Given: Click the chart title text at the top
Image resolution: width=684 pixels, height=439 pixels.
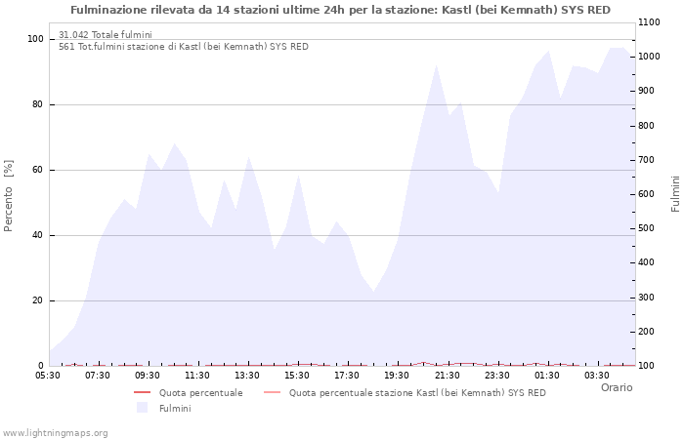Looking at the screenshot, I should [x=341, y=10].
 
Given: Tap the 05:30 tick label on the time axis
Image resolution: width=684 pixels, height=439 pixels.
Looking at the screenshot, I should [x=48, y=375].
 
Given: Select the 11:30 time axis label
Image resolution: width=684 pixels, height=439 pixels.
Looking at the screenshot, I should [x=197, y=375].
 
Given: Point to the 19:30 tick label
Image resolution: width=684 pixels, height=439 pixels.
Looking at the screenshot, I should [x=397, y=375].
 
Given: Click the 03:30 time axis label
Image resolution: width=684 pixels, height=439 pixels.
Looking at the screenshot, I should [x=597, y=375].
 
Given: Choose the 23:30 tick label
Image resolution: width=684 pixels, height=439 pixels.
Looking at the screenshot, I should [x=496, y=375].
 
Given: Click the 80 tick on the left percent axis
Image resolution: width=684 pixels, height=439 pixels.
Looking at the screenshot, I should [x=36, y=104].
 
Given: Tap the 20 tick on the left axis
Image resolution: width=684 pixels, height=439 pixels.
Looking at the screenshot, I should [x=36, y=300].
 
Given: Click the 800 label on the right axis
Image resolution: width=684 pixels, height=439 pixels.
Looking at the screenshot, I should [x=647, y=126].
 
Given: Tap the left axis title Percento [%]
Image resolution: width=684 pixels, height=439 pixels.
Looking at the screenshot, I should [x=10, y=195].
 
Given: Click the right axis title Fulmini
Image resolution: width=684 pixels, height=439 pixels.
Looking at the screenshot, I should [x=675, y=194].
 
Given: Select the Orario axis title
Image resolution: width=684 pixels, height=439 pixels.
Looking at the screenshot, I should [x=616, y=387].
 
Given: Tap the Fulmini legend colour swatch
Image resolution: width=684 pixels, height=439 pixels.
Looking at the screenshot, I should [x=142, y=408].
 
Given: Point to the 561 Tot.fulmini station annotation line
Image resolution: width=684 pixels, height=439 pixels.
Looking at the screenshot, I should [x=183, y=46].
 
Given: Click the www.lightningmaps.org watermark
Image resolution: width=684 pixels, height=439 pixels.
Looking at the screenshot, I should [x=55, y=432].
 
